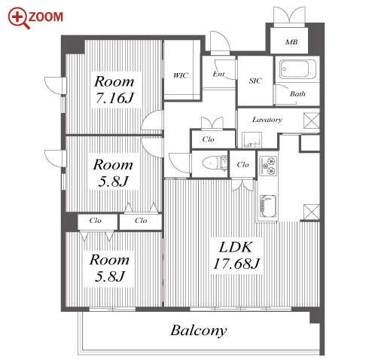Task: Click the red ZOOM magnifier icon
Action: (x=19, y=18)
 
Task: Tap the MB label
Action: (x=291, y=42)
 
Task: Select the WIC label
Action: (x=181, y=75)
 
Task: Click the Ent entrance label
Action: (x=218, y=74)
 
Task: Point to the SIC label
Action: (x=255, y=81)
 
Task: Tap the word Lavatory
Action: (x=267, y=120)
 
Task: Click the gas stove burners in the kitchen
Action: (x=268, y=166)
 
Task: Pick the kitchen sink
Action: (x=268, y=206)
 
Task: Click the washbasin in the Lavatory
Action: (x=252, y=140)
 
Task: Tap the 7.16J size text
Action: (x=114, y=98)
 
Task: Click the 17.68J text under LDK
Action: (x=236, y=264)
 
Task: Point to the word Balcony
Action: (x=199, y=331)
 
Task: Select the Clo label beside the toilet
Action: (x=242, y=165)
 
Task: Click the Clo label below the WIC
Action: (x=208, y=139)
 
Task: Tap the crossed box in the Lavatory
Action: (x=312, y=121)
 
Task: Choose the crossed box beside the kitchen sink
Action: (x=312, y=212)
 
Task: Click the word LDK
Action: (x=236, y=247)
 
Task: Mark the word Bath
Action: (x=297, y=94)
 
